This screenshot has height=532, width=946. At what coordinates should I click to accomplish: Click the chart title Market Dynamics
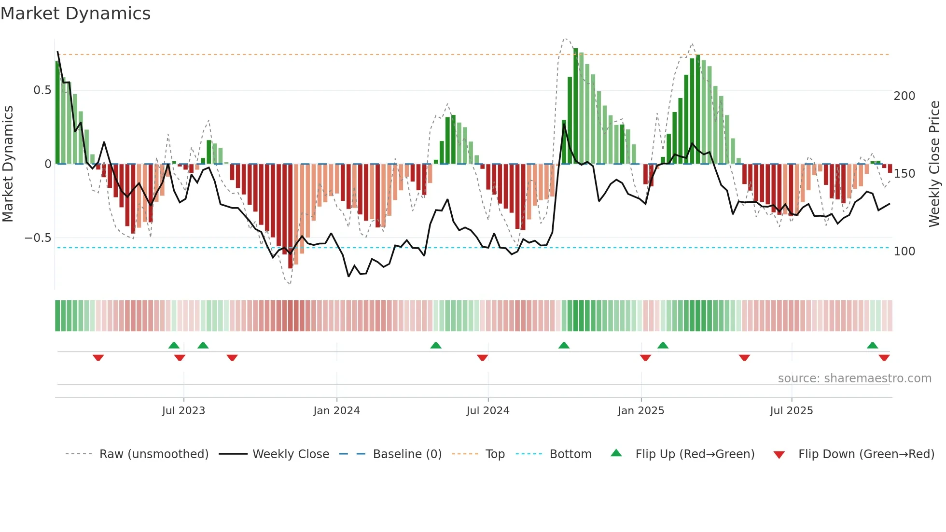[75, 14]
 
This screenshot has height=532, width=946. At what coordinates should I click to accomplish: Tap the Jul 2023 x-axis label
[183, 411]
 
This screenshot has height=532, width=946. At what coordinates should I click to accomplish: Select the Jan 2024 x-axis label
[336, 411]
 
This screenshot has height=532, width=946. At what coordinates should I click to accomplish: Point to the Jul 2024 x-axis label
[487, 411]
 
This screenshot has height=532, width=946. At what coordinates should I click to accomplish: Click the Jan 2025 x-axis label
[640, 411]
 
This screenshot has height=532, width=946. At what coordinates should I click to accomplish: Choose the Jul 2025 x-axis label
[791, 411]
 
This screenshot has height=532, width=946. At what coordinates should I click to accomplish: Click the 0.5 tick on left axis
[42, 90]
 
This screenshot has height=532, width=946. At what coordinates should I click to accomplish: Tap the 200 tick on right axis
[904, 96]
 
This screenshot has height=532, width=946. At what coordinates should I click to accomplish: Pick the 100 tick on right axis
[904, 252]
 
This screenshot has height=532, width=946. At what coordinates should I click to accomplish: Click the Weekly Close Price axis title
[934, 164]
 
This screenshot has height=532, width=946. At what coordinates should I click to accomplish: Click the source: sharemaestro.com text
[854, 378]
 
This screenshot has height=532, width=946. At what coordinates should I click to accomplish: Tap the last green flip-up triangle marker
[872, 345]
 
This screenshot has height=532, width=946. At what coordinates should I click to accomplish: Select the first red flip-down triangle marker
[98, 358]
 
